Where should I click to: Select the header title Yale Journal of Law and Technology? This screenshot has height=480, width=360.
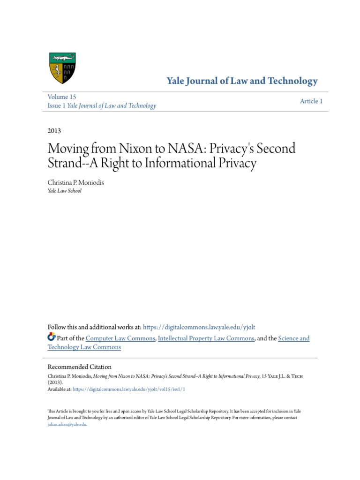[x=242, y=81]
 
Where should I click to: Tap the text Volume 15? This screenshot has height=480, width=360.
[x=62, y=97]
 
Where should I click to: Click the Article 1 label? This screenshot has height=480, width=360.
[x=311, y=101]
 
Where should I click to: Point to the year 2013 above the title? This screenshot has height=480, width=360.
[x=54, y=131]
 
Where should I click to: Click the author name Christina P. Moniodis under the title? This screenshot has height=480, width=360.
[x=75, y=182]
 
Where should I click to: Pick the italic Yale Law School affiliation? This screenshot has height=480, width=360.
[x=65, y=191]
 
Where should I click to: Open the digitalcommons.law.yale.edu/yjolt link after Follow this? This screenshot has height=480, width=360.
[x=199, y=327]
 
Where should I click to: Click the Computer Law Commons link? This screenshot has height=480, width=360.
[x=120, y=338]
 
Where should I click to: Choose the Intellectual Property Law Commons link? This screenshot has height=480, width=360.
[x=206, y=338]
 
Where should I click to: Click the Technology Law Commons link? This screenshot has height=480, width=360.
[x=84, y=347]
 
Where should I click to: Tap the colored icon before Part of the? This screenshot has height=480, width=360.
[x=52, y=337]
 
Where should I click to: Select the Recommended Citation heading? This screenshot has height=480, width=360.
[x=80, y=367]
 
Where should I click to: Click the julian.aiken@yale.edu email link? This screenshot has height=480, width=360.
[x=67, y=424]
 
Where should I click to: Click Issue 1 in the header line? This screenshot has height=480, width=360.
[x=57, y=105]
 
